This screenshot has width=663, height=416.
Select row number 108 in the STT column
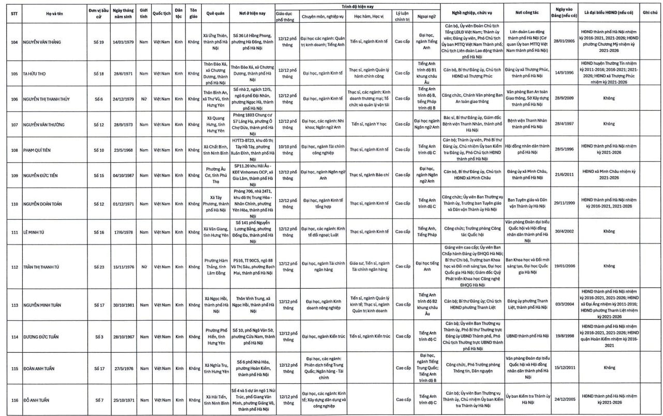click(14, 150)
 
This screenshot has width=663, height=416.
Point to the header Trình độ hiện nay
click(357, 6)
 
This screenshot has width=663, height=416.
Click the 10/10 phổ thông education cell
click(287, 150)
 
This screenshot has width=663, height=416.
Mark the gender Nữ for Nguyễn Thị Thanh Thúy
click(144, 98)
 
